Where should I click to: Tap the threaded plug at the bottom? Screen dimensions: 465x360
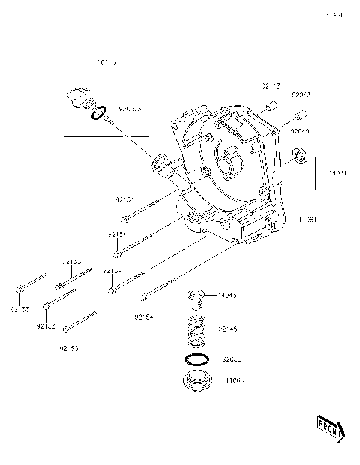pos(197,380)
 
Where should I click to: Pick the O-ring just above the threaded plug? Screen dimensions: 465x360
pos(197,359)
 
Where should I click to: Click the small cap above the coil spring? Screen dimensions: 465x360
pos(196,299)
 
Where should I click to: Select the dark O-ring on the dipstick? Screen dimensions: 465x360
pos(97,114)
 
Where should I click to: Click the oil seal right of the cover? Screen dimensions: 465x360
pos(302,157)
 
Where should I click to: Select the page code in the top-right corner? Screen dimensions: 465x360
pos(334,14)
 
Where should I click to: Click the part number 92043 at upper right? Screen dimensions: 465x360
pos(301,95)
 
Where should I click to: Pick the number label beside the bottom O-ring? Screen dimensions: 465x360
pos(233,359)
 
